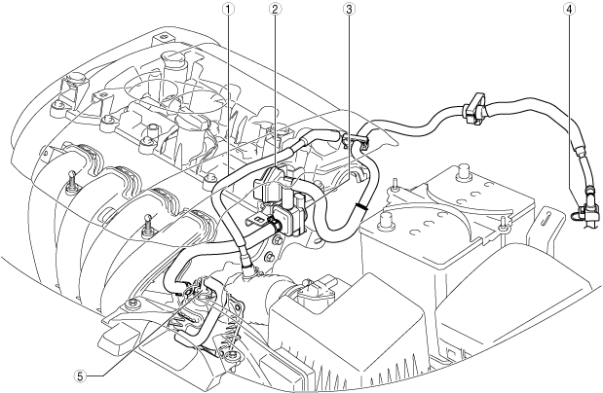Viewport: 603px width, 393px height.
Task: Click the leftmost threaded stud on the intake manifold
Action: [71, 181]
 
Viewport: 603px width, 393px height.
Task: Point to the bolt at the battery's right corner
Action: [502, 225]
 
